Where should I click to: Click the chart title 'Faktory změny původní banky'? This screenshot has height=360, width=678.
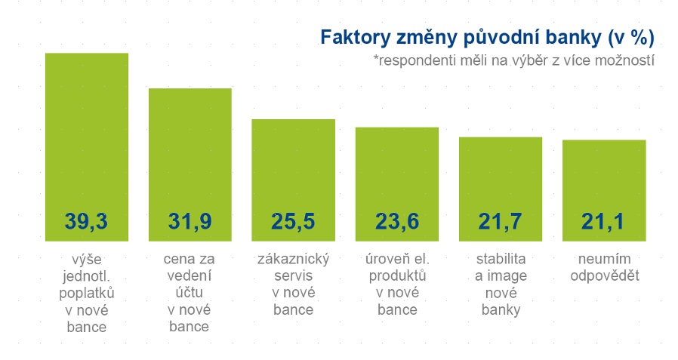click(487, 38)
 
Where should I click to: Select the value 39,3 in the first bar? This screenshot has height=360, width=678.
click(87, 221)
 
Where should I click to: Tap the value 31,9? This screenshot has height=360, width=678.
click(190, 221)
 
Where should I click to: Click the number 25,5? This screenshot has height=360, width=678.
click(293, 221)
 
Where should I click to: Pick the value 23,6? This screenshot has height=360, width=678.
click(397, 221)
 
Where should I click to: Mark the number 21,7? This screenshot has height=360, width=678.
click(501, 221)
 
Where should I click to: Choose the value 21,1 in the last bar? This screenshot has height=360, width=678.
click(604, 221)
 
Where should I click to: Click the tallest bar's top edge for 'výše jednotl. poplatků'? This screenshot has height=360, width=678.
click(87, 54)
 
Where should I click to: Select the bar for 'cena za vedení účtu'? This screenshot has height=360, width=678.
click(190, 151)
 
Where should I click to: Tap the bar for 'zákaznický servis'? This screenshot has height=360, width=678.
click(293, 166)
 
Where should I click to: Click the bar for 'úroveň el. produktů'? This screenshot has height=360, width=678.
click(397, 170)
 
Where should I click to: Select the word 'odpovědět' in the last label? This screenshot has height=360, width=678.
click(604, 276)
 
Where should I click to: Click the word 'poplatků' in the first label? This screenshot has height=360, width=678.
click(87, 294)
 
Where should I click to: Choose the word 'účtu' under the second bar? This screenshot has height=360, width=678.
click(190, 294)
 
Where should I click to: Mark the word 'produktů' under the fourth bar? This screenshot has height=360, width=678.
click(397, 277)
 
